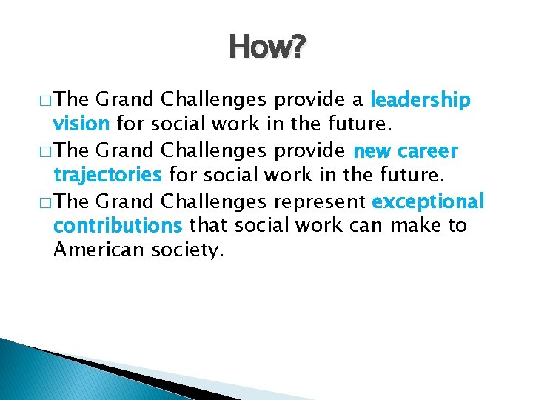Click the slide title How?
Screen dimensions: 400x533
[266, 48]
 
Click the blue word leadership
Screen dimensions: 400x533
[420, 99]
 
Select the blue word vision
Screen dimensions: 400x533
[82, 124]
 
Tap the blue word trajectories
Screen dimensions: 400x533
[108, 175]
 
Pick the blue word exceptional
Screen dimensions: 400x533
[428, 201]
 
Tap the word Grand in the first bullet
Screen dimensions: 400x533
[124, 99]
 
